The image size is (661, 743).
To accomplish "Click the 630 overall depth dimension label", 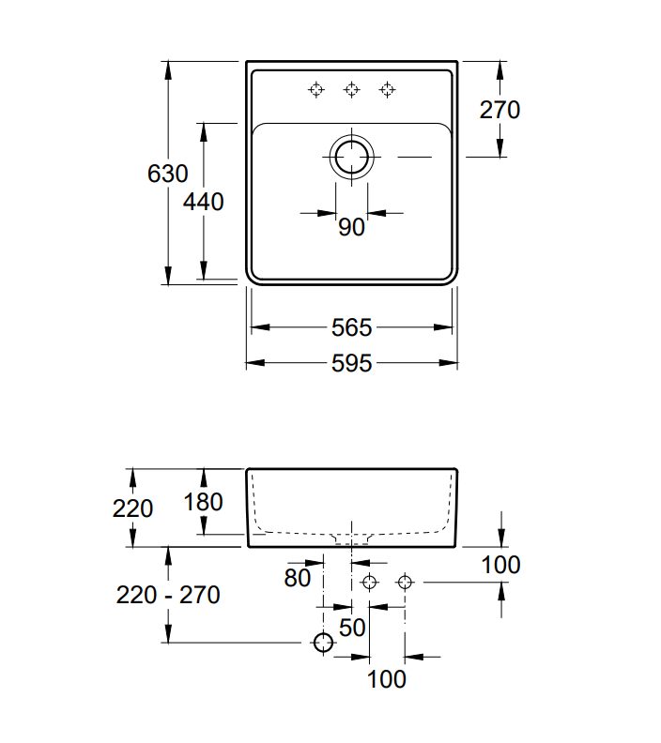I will pyautogui.click(x=168, y=174).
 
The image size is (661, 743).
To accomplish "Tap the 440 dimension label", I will pyautogui.click(x=203, y=201).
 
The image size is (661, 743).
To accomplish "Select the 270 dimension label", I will pyautogui.click(x=500, y=110).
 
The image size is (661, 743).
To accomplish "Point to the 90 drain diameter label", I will pyautogui.click(x=351, y=227).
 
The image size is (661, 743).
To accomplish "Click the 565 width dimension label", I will pyautogui.click(x=352, y=327).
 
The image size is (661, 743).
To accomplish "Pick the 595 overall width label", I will pyautogui.click(x=352, y=362).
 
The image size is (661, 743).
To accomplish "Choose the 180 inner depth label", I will pyautogui.click(x=203, y=502).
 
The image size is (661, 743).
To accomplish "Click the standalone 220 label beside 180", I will pyautogui.click(x=132, y=508).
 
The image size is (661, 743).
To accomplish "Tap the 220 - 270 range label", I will pyautogui.click(x=168, y=594).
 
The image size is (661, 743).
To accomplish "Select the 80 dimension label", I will pyautogui.click(x=297, y=578).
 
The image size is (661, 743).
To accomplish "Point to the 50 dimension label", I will pyautogui.click(x=351, y=627).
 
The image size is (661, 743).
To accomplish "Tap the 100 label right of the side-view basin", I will pyautogui.click(x=500, y=565).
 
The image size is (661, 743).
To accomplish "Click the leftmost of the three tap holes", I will pyautogui.click(x=316, y=89).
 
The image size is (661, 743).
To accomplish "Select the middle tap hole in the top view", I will pyautogui.click(x=351, y=89).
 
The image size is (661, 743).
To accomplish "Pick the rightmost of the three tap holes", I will pyautogui.click(x=387, y=89).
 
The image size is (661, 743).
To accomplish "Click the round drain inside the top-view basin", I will pyautogui.click(x=351, y=157).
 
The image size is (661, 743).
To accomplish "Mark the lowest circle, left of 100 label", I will pyautogui.click(x=323, y=643).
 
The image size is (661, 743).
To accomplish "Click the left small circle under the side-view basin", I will pyautogui.click(x=369, y=583).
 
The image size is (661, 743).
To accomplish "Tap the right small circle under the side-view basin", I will pyautogui.click(x=405, y=583).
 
